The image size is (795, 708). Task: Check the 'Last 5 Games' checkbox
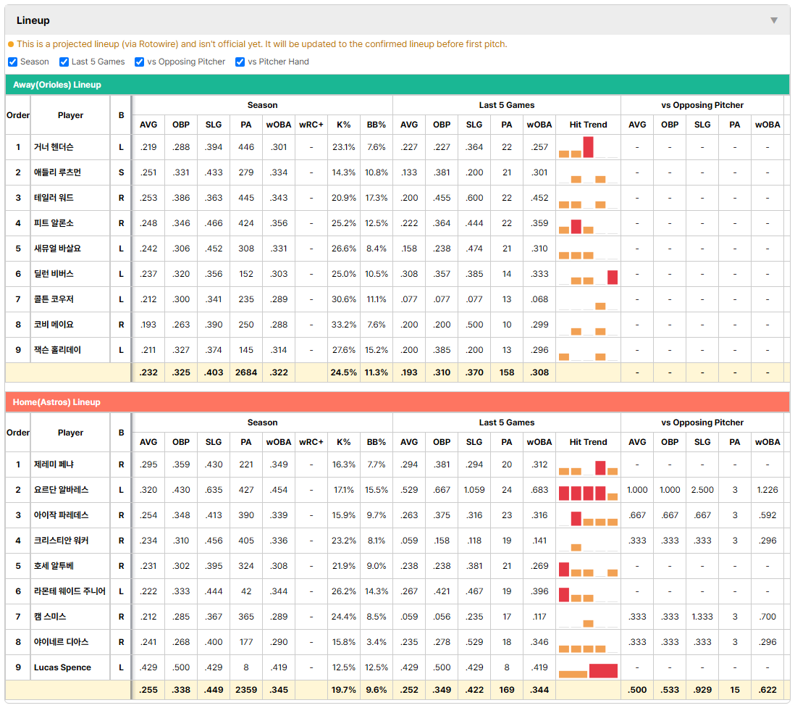(64, 62)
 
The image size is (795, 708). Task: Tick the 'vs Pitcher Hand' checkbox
(240, 62)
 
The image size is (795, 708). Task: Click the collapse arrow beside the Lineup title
(774, 20)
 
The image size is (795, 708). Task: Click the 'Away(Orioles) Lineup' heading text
(56, 85)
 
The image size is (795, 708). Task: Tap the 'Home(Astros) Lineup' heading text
(56, 402)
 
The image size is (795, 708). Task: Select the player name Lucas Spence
(62, 667)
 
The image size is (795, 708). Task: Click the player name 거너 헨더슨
(54, 147)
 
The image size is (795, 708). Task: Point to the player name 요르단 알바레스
(62, 490)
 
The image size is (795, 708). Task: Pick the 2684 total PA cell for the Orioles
(246, 372)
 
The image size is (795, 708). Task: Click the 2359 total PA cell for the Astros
(246, 690)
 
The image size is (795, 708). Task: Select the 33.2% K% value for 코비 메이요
(344, 325)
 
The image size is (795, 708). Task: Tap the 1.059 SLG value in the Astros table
(474, 490)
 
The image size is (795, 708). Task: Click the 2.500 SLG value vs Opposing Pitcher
(702, 490)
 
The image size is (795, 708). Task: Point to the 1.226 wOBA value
(767, 490)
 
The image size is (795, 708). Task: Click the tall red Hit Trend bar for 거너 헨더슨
(588, 147)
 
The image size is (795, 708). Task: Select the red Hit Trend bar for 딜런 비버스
(613, 277)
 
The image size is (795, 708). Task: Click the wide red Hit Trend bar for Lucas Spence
(603, 671)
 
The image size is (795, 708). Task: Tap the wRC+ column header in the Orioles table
(311, 125)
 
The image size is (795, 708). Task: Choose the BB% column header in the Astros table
(377, 442)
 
